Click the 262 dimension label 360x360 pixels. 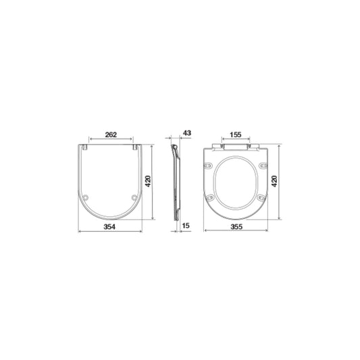click(x=111, y=135)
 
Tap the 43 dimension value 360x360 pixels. click(x=187, y=133)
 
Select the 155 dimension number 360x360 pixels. click(x=236, y=134)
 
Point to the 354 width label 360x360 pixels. click(x=109, y=227)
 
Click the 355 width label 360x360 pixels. click(x=236, y=227)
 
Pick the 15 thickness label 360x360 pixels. click(x=186, y=226)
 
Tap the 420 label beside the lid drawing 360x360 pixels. click(x=148, y=181)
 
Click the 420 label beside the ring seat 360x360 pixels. click(x=274, y=181)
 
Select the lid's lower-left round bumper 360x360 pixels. click(x=86, y=197)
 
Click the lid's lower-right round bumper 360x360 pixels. click(x=134, y=197)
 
